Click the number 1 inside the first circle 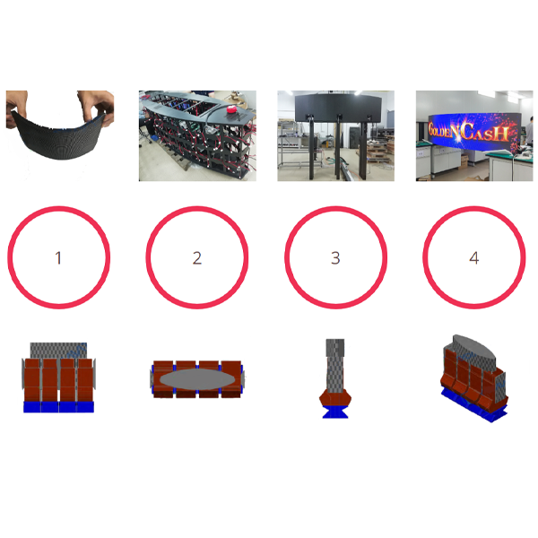[x=58, y=258]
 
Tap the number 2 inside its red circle [x=197, y=258]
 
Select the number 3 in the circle [x=335, y=258]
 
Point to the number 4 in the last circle [x=474, y=258]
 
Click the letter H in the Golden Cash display [x=501, y=133]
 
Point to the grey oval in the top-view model [x=198, y=380]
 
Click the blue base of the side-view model [x=335, y=412]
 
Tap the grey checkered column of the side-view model [x=334, y=366]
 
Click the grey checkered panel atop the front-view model [x=58, y=351]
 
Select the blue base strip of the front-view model [x=58, y=406]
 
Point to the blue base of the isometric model [x=473, y=406]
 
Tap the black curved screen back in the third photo [x=338, y=107]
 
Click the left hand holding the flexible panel [x=16, y=107]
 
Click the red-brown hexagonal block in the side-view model [x=335, y=398]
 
